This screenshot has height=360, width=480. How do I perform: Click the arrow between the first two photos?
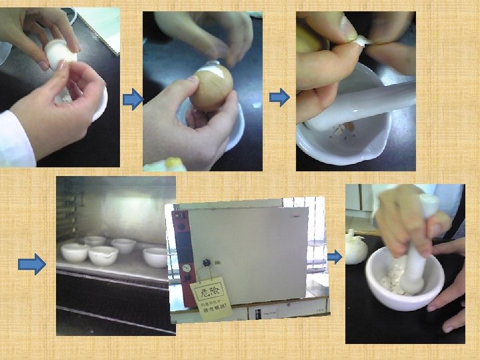[x=133, y=100]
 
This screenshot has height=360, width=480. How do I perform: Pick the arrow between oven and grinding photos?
[x=336, y=256]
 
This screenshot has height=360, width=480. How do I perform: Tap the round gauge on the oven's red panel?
[x=187, y=267]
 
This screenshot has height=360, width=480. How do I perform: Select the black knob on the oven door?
[x=206, y=261]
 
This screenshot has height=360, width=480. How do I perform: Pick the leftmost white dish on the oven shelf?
[x=74, y=251]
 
